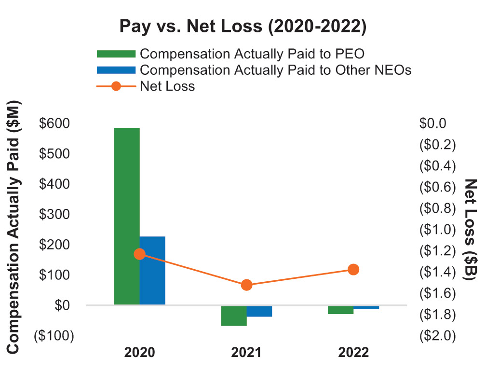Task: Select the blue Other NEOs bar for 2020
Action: pyautogui.click(x=152, y=270)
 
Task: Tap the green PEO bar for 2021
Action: pyautogui.click(x=234, y=316)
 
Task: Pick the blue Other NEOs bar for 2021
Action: pyautogui.click(x=259, y=311)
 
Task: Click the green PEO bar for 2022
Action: pyautogui.click(x=341, y=310)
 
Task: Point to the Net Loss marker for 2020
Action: pyautogui.click(x=139, y=254)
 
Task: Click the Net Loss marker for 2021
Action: pyautogui.click(x=246, y=285)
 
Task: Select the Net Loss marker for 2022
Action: pyautogui.click(x=353, y=269)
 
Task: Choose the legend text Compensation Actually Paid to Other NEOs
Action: pyautogui.click(x=275, y=70)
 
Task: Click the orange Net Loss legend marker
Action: pyautogui.click(x=116, y=87)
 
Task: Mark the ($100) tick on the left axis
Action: pyautogui.click(x=54, y=336)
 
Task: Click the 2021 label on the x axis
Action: pyautogui.click(x=246, y=352)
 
